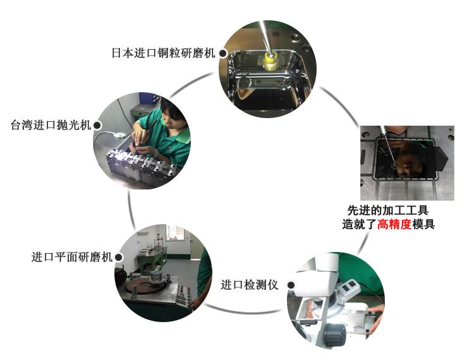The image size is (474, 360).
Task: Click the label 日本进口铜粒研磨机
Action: click(163, 53)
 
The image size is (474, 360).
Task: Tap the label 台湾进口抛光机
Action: click(51, 124)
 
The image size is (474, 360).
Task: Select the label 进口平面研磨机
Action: click(72, 257)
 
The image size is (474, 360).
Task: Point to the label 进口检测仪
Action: click(250, 285)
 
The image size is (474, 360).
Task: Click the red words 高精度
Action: click(394, 224)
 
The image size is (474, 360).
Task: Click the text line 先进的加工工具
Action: click(388, 210)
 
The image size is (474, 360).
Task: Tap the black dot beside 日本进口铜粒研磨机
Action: click(223, 54)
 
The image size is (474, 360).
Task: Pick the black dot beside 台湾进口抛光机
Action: click(97, 125)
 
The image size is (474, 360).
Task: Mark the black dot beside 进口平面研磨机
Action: click(119, 257)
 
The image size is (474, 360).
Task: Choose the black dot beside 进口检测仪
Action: click(291, 285)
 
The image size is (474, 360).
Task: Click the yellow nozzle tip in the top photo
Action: click(270, 60)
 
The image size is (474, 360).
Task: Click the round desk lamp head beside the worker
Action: click(119, 135)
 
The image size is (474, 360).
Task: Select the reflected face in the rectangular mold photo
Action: click(409, 163)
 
